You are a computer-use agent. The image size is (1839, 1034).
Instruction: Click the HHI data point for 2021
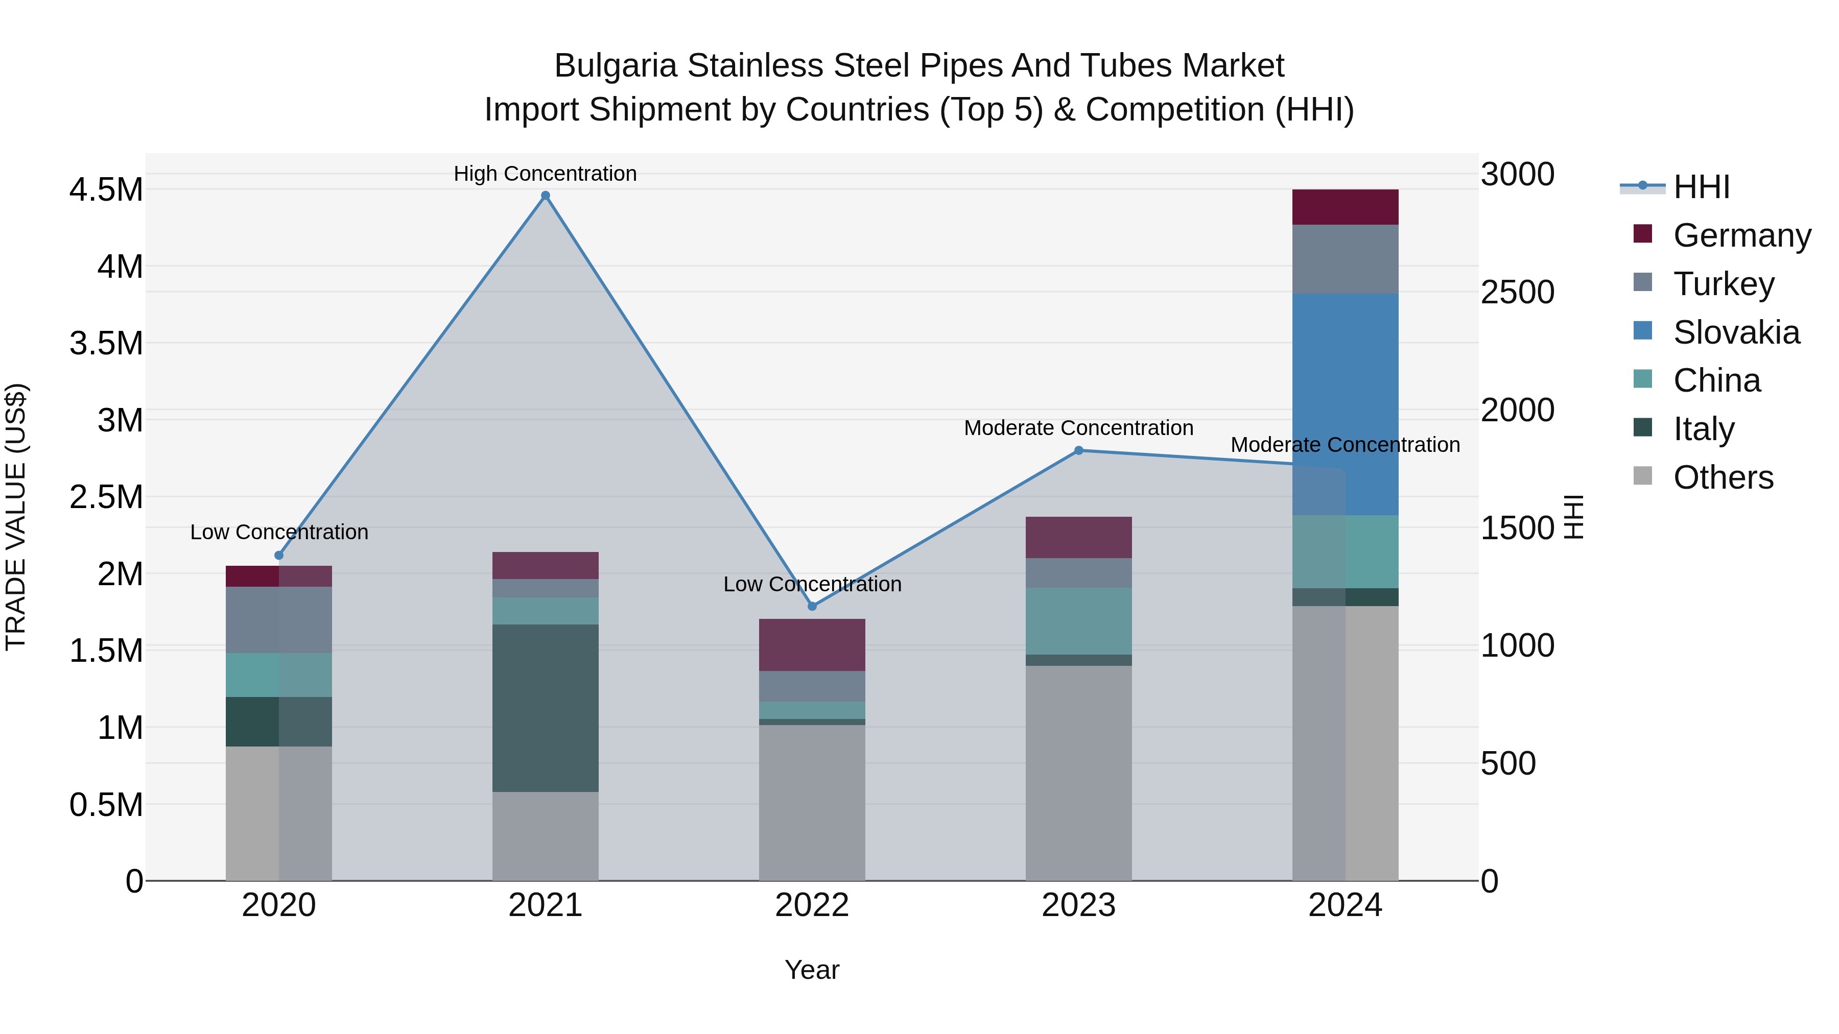[x=546, y=196]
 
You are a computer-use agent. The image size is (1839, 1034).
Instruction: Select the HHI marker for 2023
[x=1079, y=450]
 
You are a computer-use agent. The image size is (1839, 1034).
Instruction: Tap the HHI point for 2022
[x=812, y=606]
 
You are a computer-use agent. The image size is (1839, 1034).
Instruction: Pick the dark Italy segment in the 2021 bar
[x=546, y=708]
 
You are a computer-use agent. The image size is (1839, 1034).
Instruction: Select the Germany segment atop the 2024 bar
[x=1345, y=207]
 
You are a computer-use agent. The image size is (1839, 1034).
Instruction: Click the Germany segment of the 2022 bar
[x=812, y=644]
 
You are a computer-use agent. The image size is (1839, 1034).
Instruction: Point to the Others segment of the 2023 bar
[x=1079, y=773]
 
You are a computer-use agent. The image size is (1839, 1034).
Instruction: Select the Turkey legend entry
[x=1724, y=284]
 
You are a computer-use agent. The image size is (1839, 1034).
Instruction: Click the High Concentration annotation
[x=546, y=174]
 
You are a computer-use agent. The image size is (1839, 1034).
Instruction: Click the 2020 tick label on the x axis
[x=278, y=905]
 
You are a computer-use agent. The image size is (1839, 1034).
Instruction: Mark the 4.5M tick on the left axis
[x=106, y=190]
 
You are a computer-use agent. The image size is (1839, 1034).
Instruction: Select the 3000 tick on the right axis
[x=1517, y=174]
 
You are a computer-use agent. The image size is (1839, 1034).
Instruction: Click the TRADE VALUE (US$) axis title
[x=16, y=517]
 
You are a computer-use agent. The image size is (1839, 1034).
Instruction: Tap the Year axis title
[x=812, y=970]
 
